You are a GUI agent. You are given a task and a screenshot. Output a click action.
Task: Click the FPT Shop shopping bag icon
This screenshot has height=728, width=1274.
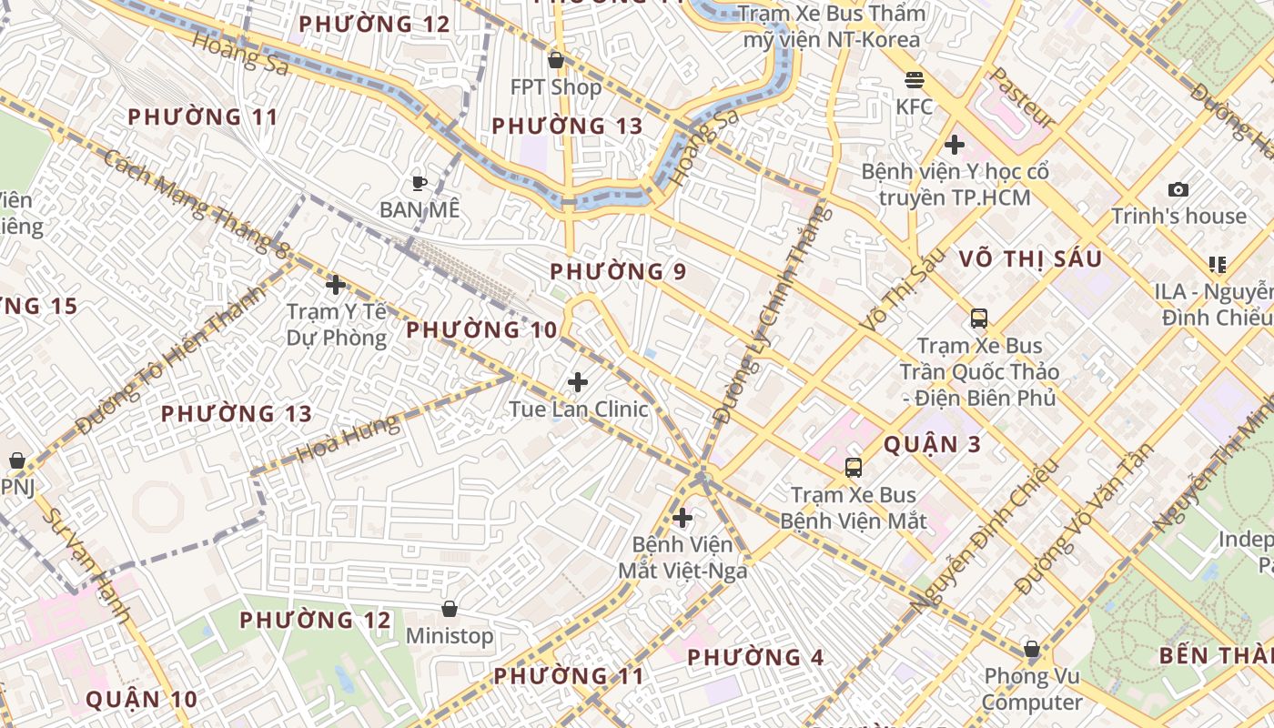[555, 60]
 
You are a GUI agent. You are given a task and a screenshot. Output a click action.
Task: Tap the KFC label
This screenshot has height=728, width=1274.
[915, 106]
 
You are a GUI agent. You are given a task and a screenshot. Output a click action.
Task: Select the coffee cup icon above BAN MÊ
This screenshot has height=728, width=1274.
[419, 183]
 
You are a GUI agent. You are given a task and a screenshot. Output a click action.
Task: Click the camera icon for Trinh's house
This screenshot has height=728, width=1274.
[1178, 189]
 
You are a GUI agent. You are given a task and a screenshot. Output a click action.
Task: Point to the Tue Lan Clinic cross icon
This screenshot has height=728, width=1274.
[578, 382]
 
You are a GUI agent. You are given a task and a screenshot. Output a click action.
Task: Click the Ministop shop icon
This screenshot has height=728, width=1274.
[449, 609]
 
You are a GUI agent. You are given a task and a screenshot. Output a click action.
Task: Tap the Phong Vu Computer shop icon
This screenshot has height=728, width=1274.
[1031, 649]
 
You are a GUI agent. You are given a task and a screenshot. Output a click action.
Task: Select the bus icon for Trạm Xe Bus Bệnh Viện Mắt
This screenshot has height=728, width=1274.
[853, 468]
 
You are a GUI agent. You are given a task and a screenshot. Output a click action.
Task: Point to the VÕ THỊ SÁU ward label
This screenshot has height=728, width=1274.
[1030, 259]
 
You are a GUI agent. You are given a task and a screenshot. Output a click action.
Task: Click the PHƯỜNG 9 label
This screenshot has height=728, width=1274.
[618, 271]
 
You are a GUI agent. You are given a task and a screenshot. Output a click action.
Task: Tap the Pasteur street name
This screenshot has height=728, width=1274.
[1023, 97]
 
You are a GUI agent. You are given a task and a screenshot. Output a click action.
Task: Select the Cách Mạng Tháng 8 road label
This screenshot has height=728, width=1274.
[196, 202]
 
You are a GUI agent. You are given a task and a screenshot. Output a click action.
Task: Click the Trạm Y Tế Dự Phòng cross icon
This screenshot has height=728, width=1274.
[336, 285]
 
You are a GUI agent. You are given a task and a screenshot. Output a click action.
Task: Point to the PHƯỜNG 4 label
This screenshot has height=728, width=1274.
[755, 657]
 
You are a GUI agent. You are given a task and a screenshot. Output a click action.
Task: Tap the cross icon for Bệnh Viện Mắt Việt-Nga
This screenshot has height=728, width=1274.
[682, 518]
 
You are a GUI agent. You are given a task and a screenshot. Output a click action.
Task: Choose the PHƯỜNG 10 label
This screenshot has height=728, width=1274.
[481, 330]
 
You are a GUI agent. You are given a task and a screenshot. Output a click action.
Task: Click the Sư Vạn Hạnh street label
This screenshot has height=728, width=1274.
[87, 565]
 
